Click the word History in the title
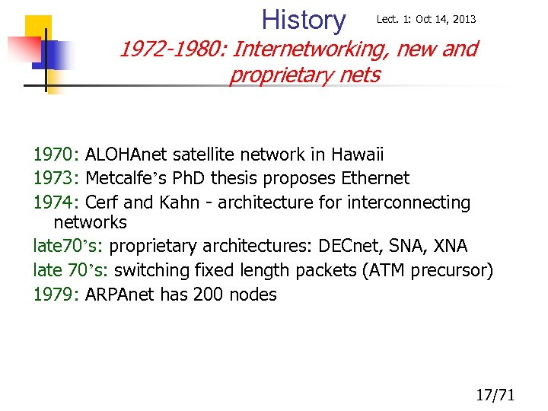[x=303, y=20]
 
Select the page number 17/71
[x=495, y=394]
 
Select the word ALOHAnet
[x=126, y=155]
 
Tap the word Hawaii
[x=357, y=155]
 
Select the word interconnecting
[x=409, y=202]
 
